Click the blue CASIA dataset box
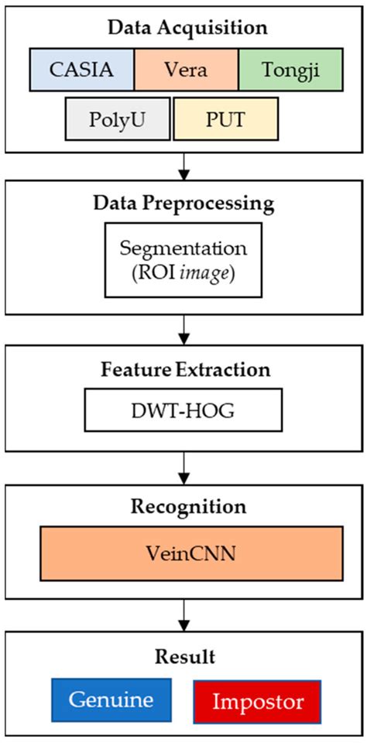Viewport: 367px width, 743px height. pos(83,70)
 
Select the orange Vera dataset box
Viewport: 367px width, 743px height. pos(187,70)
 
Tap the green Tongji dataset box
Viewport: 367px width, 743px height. pos(290,70)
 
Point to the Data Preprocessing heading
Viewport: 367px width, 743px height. pos(183,204)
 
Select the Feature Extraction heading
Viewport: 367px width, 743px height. pos(183,369)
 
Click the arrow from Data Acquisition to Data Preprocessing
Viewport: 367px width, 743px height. pos(183,165)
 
